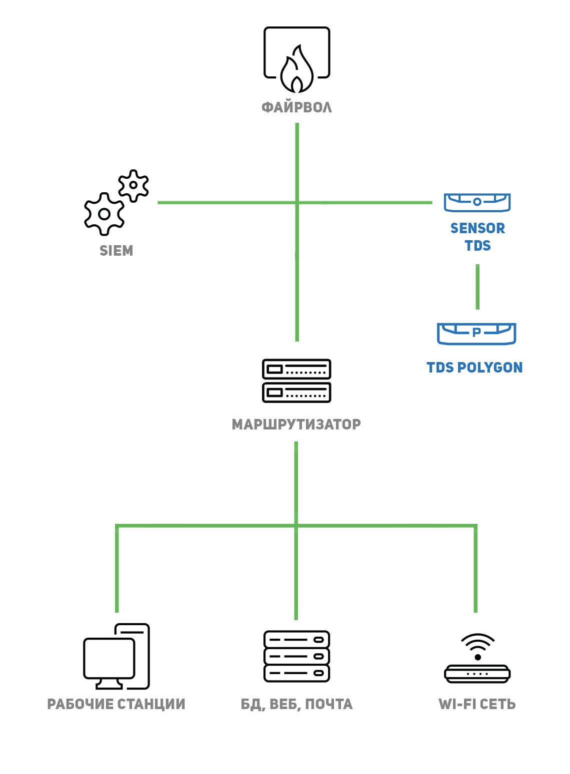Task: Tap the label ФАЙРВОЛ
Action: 296,107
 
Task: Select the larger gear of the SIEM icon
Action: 104,214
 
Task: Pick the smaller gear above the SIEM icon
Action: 133,185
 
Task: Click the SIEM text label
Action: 116,251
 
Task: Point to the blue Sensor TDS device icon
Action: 477,202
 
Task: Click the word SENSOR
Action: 477,228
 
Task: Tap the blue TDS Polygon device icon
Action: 476,333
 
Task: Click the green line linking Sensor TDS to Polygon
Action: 477,287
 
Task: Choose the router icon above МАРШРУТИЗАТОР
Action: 296,381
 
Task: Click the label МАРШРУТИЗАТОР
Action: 296,424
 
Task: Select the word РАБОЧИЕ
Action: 80,704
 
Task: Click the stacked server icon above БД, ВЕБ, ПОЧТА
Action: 296,656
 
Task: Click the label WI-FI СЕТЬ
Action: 477,704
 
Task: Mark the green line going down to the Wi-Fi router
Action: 475,569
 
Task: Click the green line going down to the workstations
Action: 117,569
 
